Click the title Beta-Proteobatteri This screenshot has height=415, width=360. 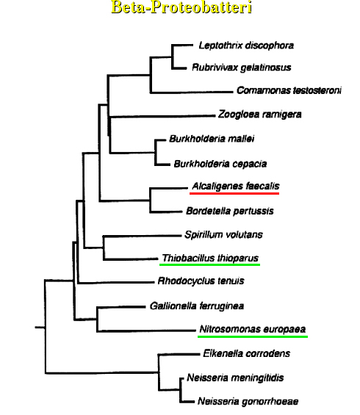(x=181, y=7)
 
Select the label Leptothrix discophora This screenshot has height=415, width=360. (x=246, y=46)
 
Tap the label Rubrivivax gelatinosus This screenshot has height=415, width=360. (x=242, y=68)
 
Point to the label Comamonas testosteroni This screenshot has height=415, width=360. (x=289, y=90)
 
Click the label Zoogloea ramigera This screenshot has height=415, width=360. (x=259, y=115)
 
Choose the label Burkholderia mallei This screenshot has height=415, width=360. (x=212, y=138)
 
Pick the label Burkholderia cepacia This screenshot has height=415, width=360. (x=220, y=164)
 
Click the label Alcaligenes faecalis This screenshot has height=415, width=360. (x=236, y=186)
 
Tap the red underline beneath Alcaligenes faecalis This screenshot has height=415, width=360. (x=234, y=193)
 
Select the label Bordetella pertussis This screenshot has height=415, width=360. (x=230, y=211)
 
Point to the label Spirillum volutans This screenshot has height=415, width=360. (x=223, y=234)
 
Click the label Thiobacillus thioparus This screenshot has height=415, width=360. (x=210, y=258)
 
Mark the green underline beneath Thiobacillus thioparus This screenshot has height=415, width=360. (x=209, y=264)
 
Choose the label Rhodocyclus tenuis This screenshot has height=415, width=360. (x=201, y=281)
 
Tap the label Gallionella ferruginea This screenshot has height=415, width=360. (x=197, y=306)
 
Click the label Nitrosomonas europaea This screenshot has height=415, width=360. (x=253, y=329)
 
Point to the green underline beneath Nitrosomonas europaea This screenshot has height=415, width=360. (x=253, y=336)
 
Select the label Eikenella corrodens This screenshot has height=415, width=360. (x=246, y=353)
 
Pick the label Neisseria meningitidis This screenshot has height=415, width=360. (x=235, y=378)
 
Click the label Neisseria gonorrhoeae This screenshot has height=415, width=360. (x=248, y=401)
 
